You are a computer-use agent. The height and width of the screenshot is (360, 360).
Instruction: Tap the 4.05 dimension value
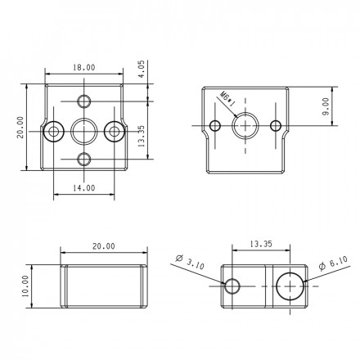pyautogui.click(x=142, y=68)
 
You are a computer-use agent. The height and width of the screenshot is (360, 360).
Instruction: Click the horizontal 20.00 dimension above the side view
pyautogui.click(x=103, y=245)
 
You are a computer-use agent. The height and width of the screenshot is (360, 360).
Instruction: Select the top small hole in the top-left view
pyautogui.click(x=84, y=101)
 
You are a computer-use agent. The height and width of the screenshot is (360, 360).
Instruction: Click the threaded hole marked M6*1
pyautogui.click(x=245, y=126)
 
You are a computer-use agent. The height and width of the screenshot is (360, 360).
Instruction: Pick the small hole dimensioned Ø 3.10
pyautogui.click(x=232, y=286)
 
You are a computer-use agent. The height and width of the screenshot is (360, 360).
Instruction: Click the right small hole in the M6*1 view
pyautogui.click(x=276, y=126)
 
